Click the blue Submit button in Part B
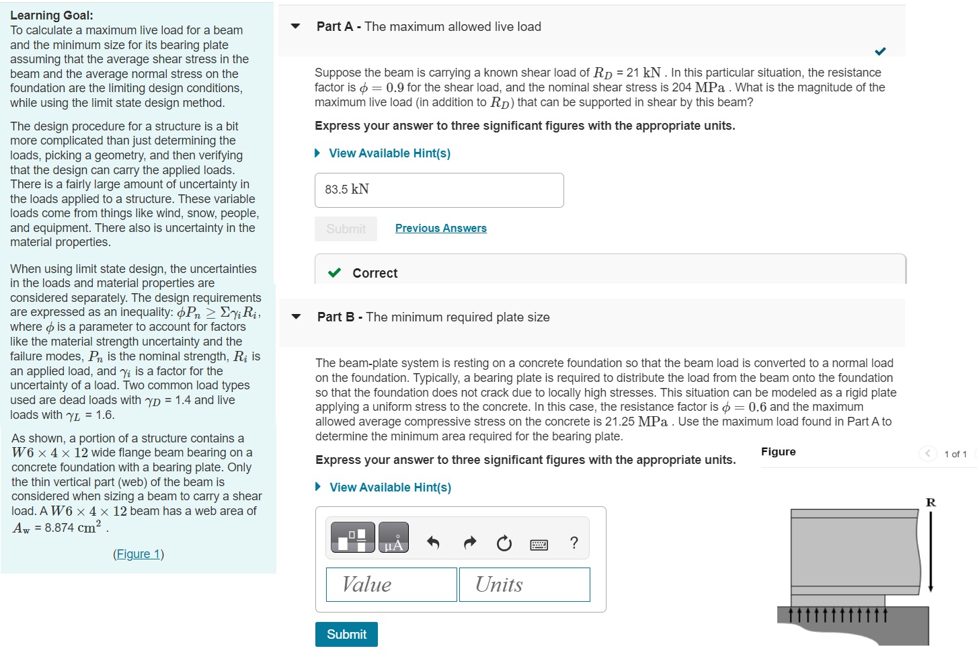346,634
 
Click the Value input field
391,584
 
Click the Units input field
524,584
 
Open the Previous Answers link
440,228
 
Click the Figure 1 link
139,554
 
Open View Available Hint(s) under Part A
389,153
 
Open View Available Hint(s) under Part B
390,487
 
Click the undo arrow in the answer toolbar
433,543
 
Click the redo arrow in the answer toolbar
469,543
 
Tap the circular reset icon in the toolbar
504,543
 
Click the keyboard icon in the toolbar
539,544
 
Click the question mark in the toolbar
574,543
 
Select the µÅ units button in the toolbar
393,538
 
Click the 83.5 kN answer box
439,190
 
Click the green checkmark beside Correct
334,273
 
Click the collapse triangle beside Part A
295,26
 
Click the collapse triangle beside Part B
296,317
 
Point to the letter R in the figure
931,502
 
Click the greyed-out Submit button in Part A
346,229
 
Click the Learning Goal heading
52,15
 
